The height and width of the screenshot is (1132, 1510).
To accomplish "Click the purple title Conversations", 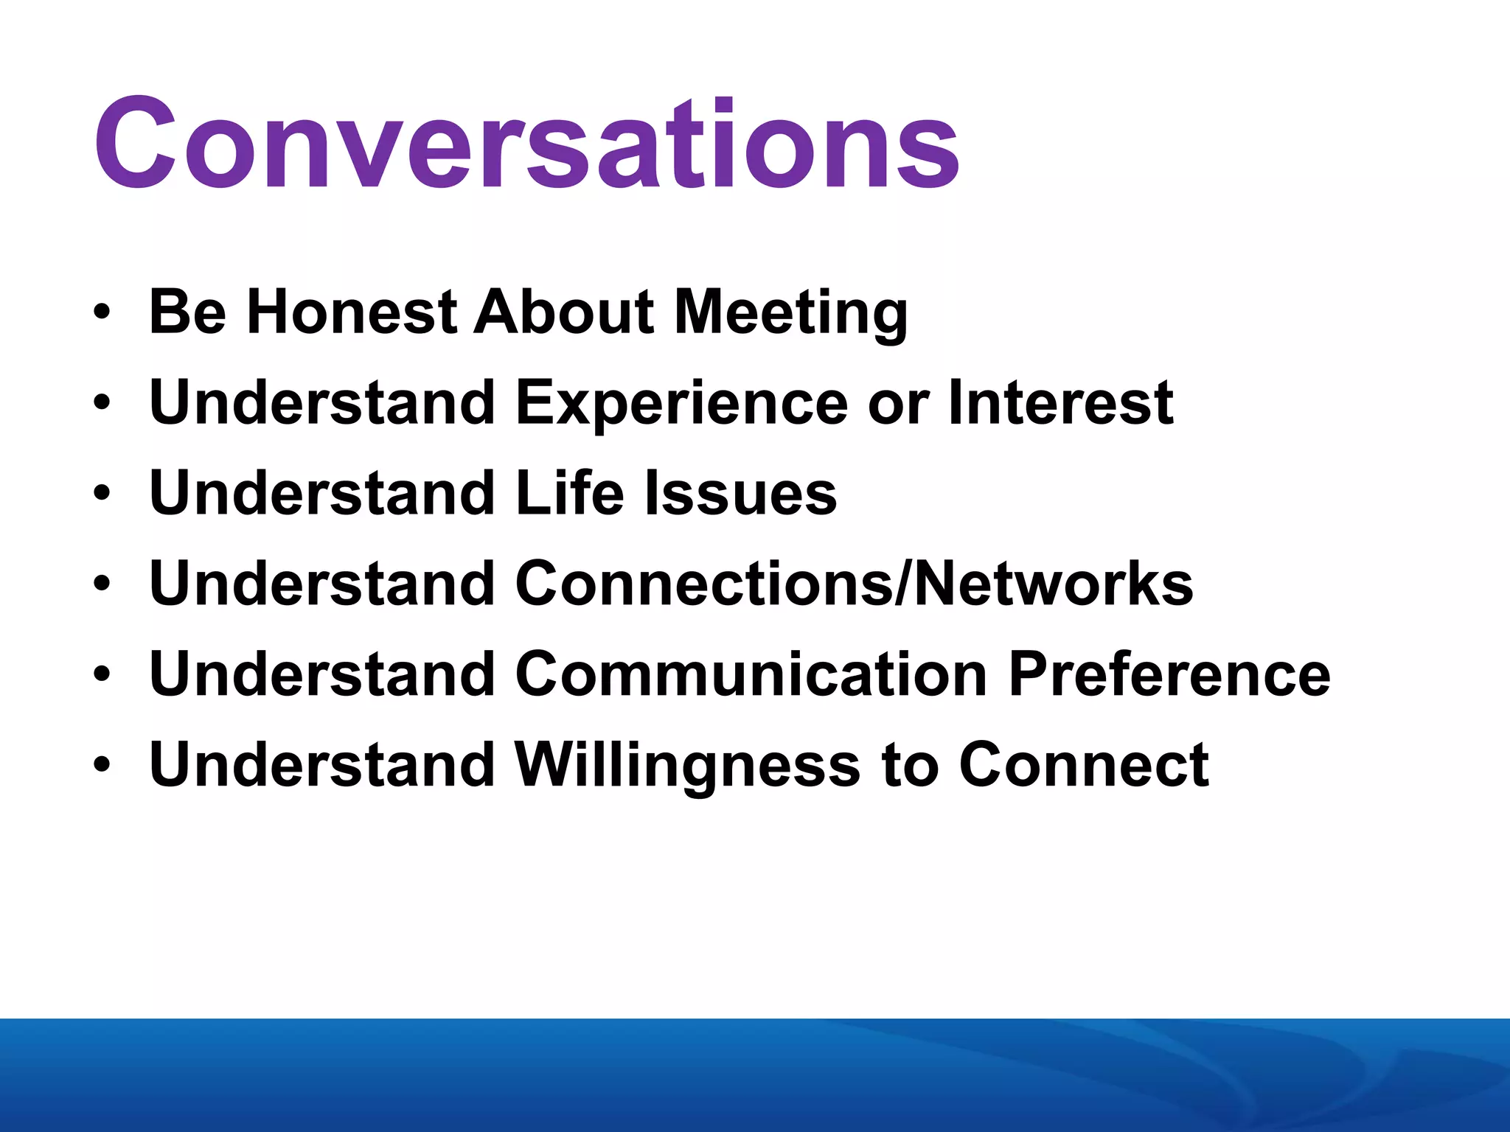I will tap(526, 143).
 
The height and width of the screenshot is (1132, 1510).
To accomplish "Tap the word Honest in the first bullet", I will tap(351, 312).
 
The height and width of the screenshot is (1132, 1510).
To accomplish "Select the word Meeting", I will tap(791, 313).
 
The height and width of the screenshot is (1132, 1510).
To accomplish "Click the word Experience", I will tap(682, 404).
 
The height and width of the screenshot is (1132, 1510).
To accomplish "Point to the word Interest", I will tap(1061, 402).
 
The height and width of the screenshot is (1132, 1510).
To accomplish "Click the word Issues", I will tap(741, 493).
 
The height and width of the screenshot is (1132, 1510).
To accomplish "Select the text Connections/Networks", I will tap(854, 584).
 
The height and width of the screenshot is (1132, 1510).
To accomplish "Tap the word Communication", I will tap(751, 674).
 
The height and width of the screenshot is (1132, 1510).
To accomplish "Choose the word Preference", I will tap(1169, 674).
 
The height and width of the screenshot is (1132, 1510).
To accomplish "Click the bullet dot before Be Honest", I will tap(102, 312).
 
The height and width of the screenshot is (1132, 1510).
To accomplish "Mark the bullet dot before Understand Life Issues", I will tap(102, 494).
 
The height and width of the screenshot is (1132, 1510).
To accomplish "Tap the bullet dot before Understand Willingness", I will tap(102, 766).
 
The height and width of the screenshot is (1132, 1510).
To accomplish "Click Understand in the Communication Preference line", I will tap(321, 674).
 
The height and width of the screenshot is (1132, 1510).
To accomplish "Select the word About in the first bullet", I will tap(563, 312).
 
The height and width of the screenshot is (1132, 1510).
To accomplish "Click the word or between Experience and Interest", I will tap(898, 404).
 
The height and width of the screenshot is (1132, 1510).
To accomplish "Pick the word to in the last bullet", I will tap(909, 765).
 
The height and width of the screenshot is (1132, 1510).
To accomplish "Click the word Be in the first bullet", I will tap(187, 312).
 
